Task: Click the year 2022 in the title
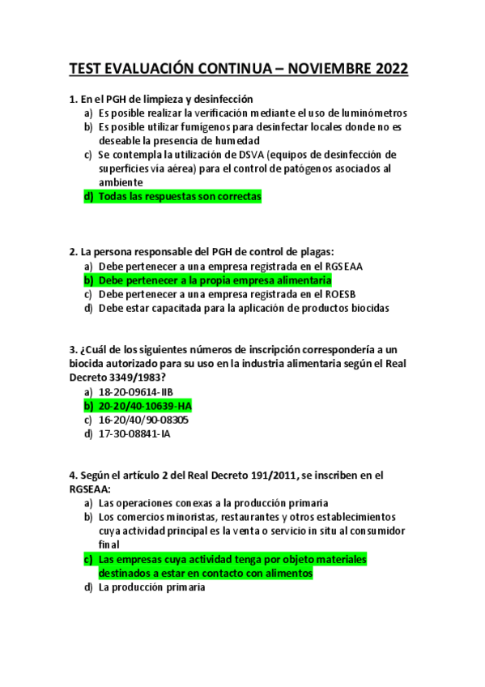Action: point(387,69)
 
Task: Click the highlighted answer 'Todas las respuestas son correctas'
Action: point(179,197)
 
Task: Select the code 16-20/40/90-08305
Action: point(143,420)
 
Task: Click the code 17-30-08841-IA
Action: point(134,433)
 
